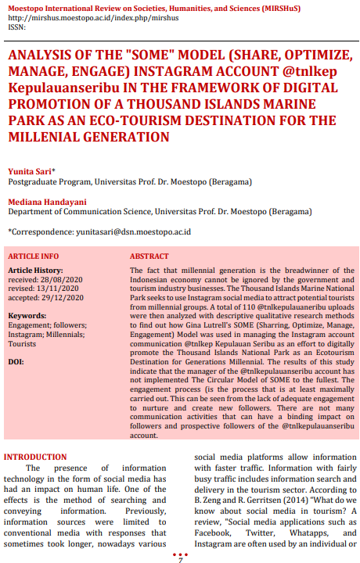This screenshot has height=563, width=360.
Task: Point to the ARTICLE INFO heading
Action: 34,256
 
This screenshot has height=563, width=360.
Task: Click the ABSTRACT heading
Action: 149,256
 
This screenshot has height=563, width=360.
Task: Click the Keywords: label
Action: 27,316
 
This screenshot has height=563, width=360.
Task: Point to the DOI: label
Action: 16,362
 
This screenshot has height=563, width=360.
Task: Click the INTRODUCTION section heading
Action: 35,457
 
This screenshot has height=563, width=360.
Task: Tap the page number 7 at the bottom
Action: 180,558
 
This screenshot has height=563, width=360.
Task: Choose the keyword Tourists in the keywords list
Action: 22,343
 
